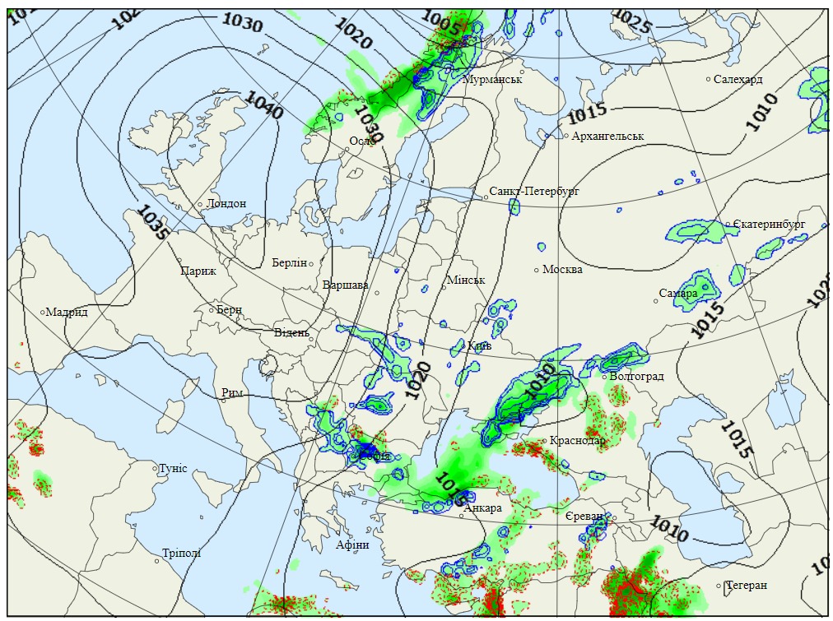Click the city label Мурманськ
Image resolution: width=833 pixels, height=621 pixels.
493,79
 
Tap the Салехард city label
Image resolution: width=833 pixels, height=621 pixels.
738,79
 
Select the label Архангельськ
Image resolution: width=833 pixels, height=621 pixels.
607,136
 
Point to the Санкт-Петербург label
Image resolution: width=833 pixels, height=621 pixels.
534,191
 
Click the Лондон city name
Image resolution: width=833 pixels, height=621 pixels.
226,203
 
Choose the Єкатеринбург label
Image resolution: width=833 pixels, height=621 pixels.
769,224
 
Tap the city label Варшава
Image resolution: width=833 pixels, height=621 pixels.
346,285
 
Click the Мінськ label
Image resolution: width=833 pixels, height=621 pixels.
466,280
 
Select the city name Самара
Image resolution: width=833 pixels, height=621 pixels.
678,293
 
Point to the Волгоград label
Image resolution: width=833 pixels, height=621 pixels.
636,377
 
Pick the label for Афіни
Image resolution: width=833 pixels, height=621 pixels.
352,545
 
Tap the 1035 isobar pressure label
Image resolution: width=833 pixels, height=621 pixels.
154,223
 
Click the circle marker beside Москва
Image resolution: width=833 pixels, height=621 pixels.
537,269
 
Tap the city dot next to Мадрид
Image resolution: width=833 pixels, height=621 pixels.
43,312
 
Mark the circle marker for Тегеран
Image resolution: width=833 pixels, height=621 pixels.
719,586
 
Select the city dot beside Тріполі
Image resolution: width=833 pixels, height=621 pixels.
156,562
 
